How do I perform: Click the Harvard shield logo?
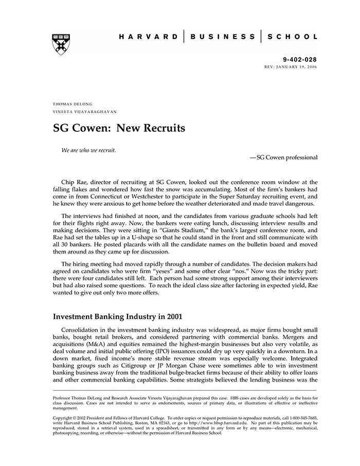pos(61,45)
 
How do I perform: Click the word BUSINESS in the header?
pos(222,37)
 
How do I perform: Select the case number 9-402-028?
pos(300,60)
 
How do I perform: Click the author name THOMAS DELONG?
pos(73,104)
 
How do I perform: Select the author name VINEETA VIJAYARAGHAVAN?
pos(85,112)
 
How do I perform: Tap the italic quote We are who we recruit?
pos(88,150)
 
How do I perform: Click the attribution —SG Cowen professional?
pos(283,157)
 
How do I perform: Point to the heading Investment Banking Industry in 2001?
pos(118,316)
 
